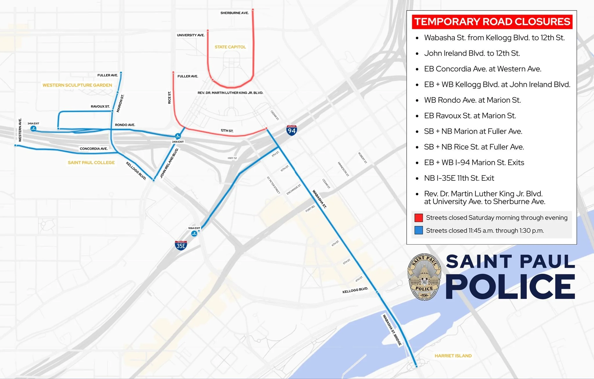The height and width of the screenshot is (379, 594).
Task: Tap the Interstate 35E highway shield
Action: [x=181, y=245]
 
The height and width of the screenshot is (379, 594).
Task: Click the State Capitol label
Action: [x=230, y=47]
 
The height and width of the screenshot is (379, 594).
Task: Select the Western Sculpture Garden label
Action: [x=77, y=85]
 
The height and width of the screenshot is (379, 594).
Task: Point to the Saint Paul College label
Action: [x=91, y=163]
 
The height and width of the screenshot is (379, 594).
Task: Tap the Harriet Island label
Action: [x=453, y=356]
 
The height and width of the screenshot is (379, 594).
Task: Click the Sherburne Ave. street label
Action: [x=234, y=13]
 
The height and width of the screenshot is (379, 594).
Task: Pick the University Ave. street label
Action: [x=191, y=35]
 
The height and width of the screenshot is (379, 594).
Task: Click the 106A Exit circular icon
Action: [x=194, y=234]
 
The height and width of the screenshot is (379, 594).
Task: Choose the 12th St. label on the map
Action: [x=227, y=131]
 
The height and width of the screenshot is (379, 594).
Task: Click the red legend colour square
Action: [x=419, y=218]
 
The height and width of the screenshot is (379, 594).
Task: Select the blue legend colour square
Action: [x=419, y=230]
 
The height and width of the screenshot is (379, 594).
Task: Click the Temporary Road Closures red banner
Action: [x=492, y=22]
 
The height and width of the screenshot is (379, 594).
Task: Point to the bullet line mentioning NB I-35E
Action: [x=459, y=178]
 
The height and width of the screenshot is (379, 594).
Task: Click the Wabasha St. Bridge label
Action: [x=392, y=330]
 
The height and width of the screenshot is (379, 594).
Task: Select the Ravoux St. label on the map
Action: [x=100, y=107]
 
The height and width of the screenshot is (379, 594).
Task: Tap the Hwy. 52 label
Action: [x=232, y=158]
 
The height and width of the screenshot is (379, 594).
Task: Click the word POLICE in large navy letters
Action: [x=510, y=287]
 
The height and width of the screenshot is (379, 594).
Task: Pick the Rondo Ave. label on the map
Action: [x=125, y=125]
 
